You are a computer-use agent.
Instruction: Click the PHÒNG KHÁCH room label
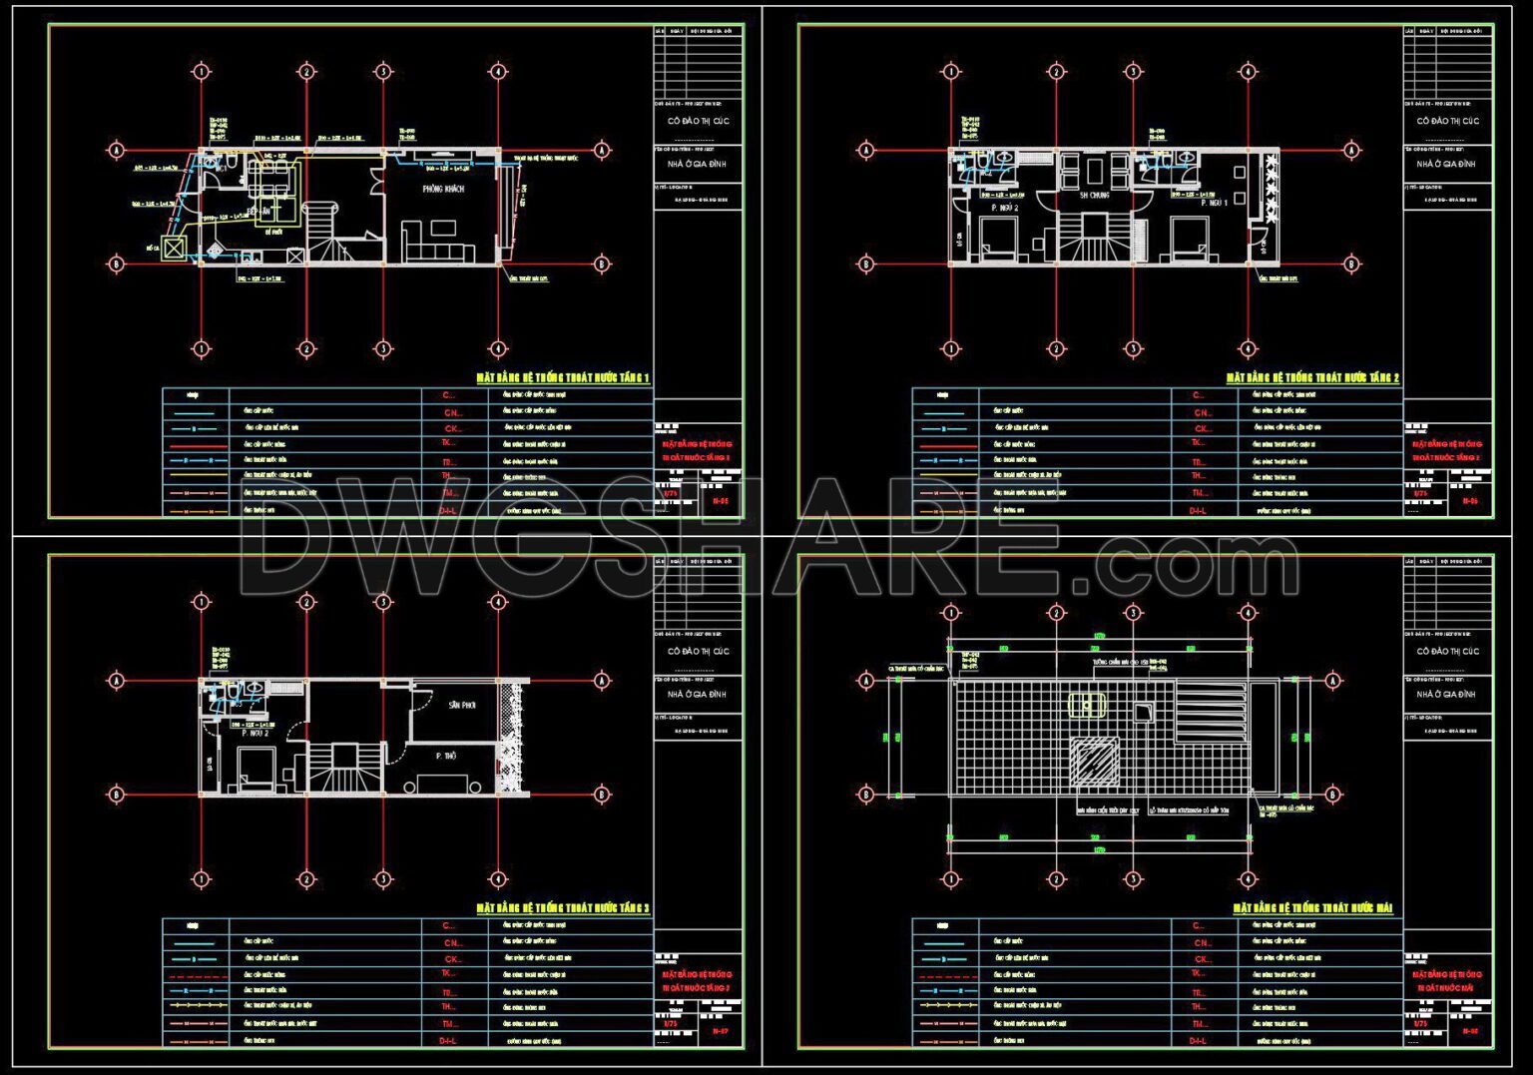coord(443,189)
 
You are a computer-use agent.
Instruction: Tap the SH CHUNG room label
coord(1095,196)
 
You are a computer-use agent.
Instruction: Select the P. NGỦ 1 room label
coord(1214,203)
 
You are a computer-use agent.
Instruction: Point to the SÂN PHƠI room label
coord(462,705)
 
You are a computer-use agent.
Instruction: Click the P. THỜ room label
coord(445,757)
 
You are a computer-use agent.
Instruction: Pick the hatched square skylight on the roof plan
coord(1095,761)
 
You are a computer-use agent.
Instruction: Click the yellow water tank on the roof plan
coord(1086,705)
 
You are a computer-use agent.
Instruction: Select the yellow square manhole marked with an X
coord(176,249)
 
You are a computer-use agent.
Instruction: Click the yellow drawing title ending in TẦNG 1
coord(563,378)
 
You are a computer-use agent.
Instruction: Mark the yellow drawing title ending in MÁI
coord(1312,908)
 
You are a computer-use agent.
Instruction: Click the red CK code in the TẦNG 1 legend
coord(452,428)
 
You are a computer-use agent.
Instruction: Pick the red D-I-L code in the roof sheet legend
coord(1198,1041)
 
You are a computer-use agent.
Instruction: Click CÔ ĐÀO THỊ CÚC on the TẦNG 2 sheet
coord(1448,121)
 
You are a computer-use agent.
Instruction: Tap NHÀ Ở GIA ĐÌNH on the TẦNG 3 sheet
coord(698,694)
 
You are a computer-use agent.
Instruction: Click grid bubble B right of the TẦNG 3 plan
coord(602,795)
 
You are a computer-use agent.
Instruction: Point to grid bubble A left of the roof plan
coord(865,681)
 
